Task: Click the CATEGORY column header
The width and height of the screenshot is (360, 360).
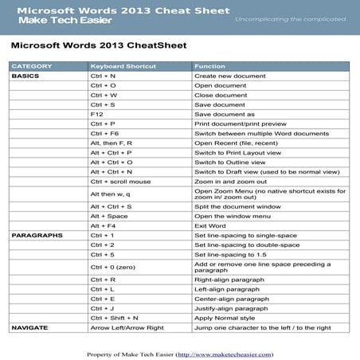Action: (32, 65)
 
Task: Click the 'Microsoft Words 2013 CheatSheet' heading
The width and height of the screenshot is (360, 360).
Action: (99, 45)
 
